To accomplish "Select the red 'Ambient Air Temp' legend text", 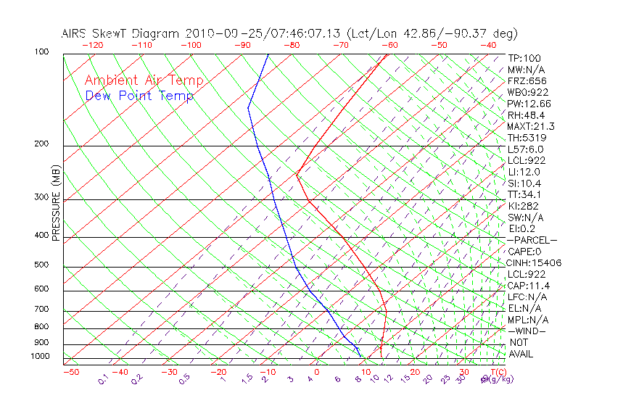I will point(144,80).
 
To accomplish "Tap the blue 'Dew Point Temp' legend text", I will point(139,96).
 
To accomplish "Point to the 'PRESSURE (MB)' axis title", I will point(56,211).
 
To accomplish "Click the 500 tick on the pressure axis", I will point(41,265).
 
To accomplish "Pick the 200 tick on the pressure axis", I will point(41,144).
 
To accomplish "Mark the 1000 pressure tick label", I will point(39,357).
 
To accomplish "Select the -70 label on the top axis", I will point(339,45).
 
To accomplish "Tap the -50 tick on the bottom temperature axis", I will point(70,373).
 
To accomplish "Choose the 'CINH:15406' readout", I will point(535,262).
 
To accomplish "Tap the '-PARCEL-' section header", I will point(532,240).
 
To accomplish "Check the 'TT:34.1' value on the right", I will point(525,194).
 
